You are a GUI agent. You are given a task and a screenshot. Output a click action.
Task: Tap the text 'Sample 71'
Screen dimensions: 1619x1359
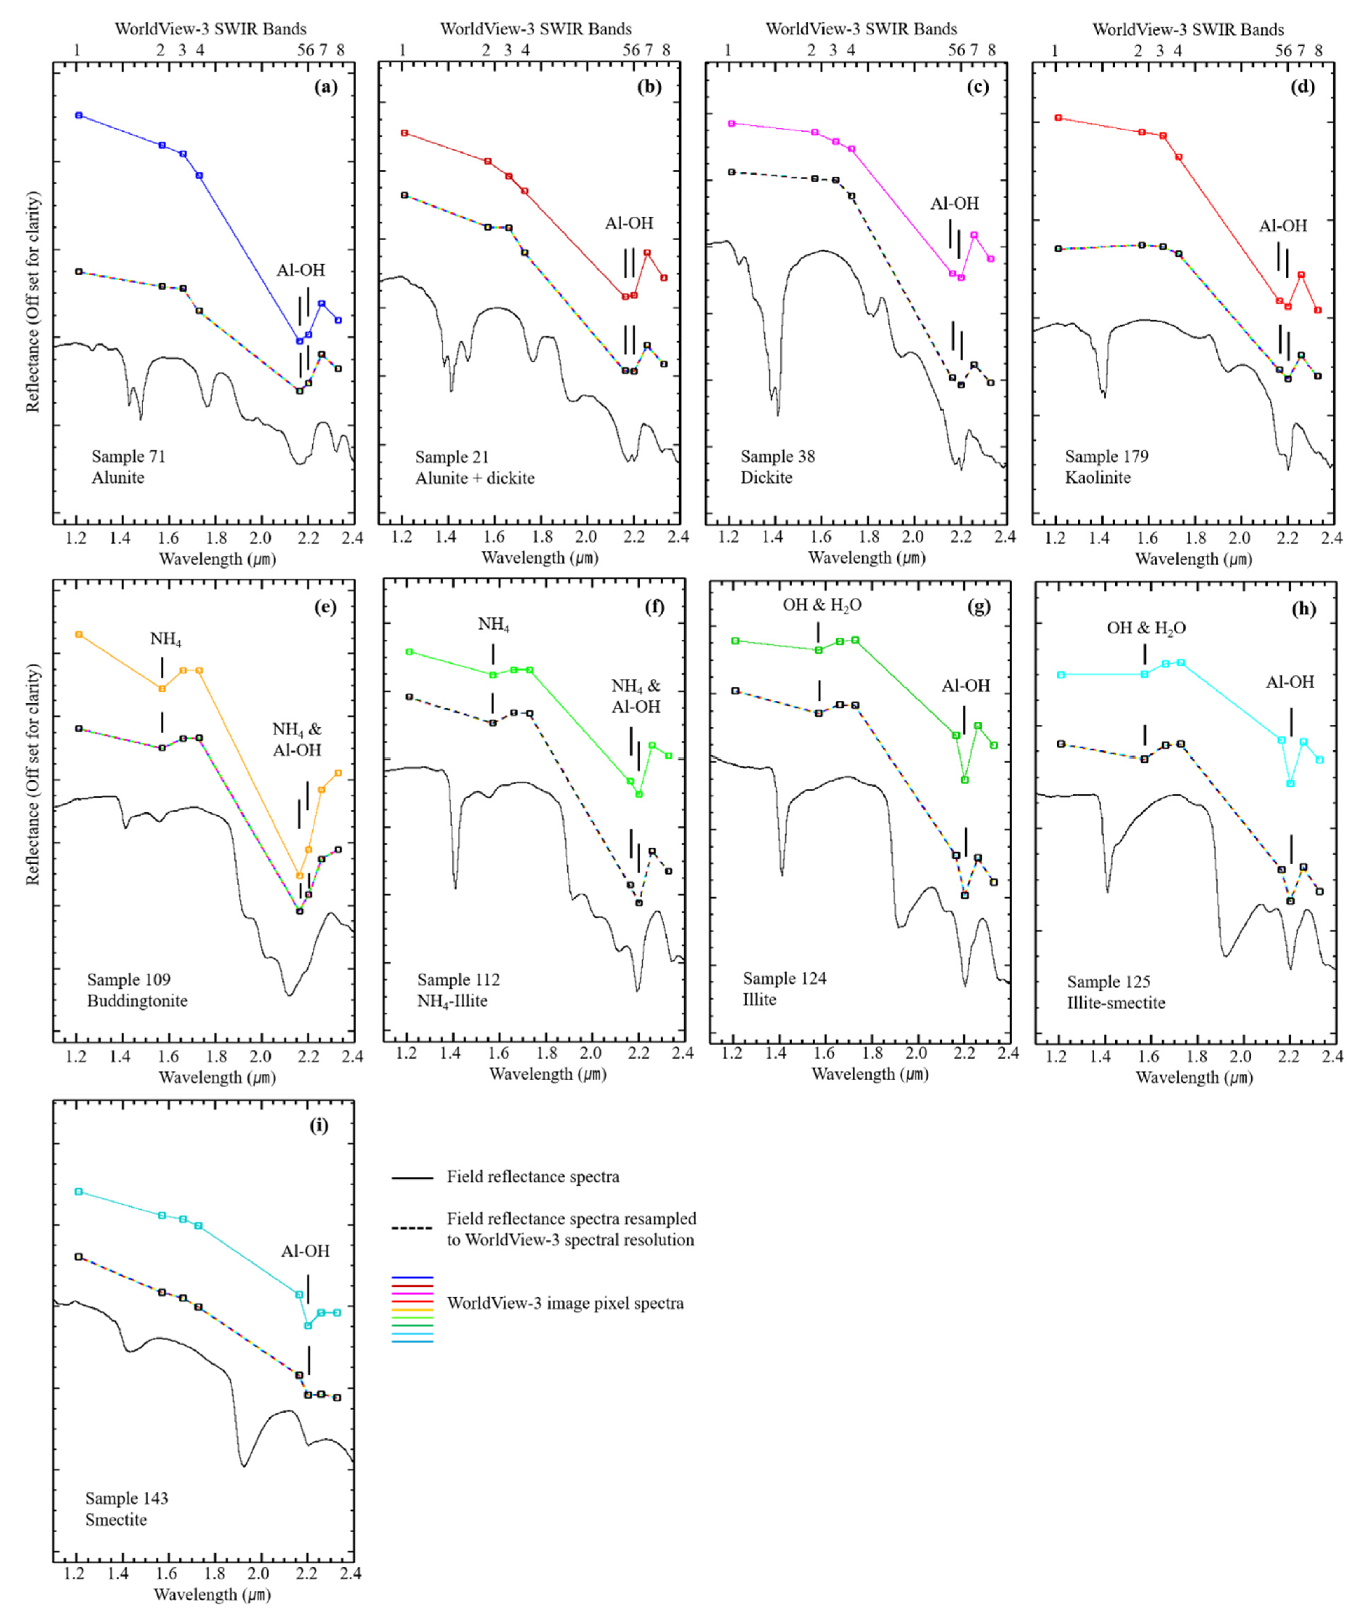pos(128,456)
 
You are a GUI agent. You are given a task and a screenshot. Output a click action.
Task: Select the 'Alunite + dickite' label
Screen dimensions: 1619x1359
pos(475,478)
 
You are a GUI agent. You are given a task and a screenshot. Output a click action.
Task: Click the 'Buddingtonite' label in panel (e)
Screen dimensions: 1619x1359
pos(137,1001)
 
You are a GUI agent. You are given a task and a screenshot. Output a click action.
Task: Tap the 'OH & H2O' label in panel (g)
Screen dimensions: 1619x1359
pos(822,605)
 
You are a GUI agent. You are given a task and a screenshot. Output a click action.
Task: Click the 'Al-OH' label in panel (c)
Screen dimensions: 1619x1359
pos(954,204)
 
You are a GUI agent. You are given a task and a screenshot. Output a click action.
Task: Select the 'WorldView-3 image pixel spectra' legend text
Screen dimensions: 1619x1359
pos(565,1303)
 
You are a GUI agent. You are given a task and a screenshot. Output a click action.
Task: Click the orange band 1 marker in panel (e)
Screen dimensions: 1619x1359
pos(78,634)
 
